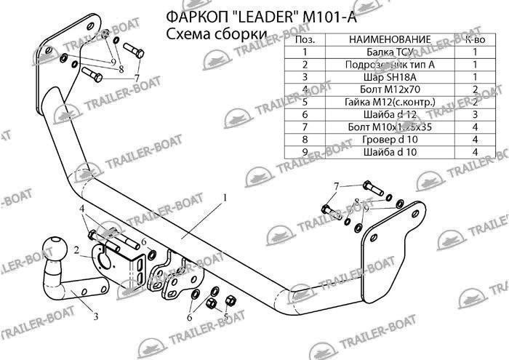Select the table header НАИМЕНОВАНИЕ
(385, 39)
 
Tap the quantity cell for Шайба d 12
(475, 115)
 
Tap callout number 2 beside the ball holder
(76, 251)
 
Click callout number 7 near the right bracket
(336, 188)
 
